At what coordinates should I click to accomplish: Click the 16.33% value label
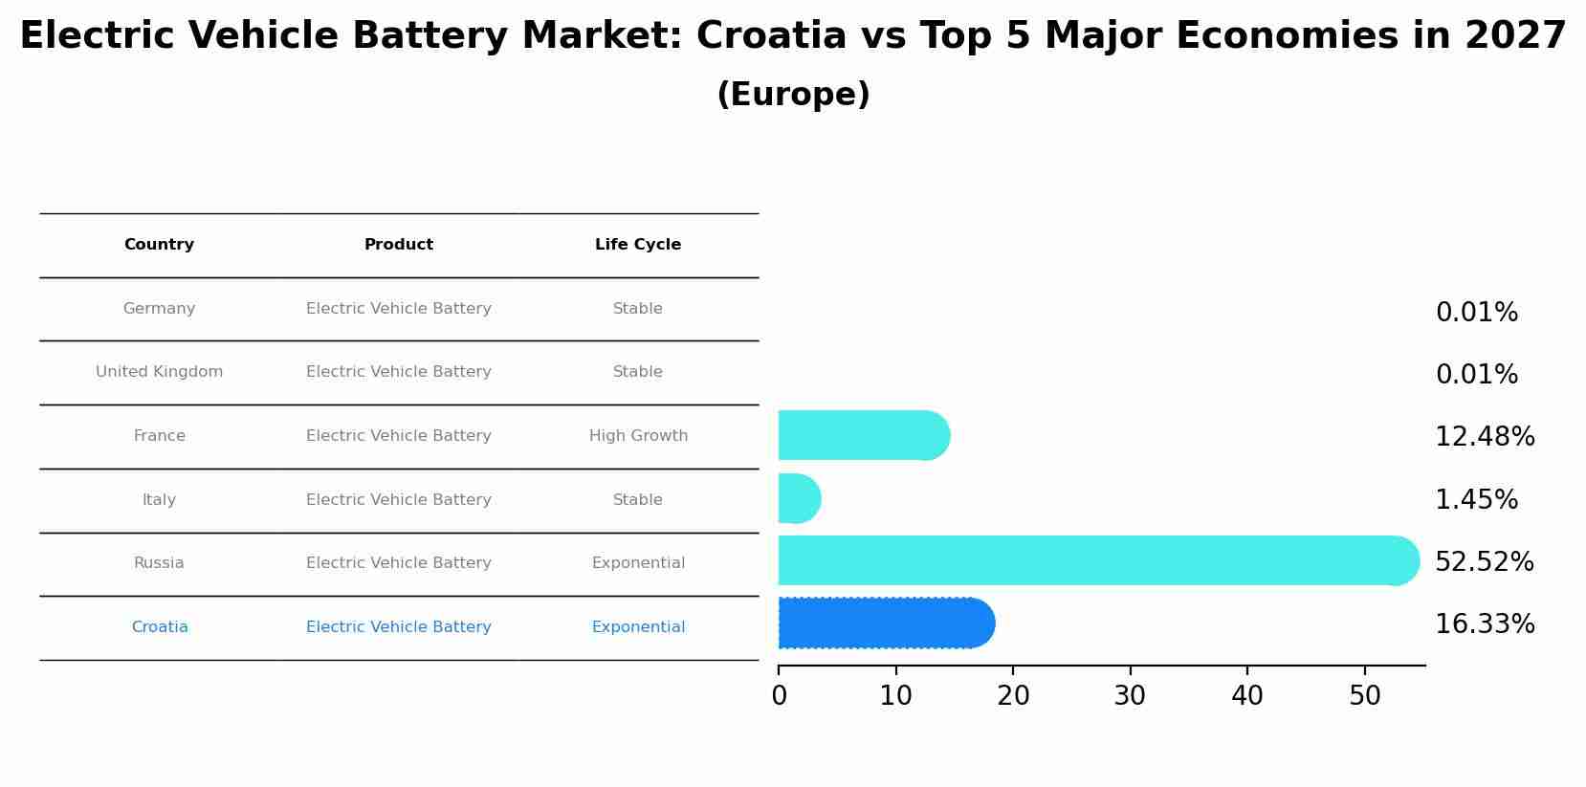tap(1484, 624)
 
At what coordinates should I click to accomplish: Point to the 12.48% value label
tap(1484, 437)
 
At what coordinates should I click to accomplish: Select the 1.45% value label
tap(1476, 499)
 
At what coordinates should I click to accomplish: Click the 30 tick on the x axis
tap(1130, 696)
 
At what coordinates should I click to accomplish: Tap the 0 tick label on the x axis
tap(779, 696)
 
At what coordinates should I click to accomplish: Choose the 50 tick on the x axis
tap(1364, 696)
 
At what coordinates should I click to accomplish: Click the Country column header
tap(159, 245)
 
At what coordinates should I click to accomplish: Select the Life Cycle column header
tap(638, 245)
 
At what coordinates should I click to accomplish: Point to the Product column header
tap(398, 245)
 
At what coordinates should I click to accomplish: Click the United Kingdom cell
tap(159, 372)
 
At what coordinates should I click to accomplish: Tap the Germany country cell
tap(159, 309)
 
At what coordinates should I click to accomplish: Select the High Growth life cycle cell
tap(638, 436)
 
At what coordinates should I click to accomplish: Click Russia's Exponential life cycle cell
tap(638, 563)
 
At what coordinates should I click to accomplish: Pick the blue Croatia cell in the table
tap(160, 627)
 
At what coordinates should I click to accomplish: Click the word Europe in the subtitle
tap(793, 95)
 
